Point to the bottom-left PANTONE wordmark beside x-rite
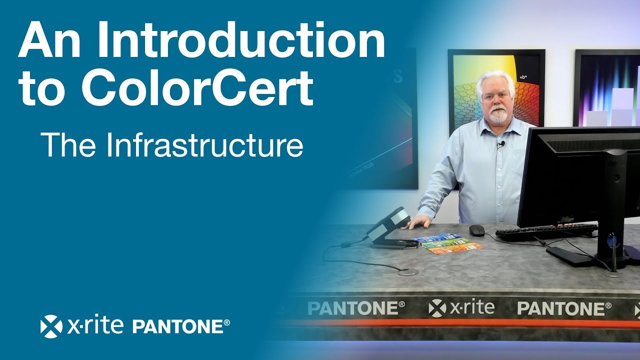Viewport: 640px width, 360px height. pos(181,327)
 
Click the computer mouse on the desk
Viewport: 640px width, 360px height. pos(476,229)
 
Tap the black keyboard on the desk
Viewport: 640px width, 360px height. pos(545,231)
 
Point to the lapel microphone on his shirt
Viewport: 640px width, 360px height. pos(500,145)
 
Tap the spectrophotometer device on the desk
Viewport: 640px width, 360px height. pos(390,227)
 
